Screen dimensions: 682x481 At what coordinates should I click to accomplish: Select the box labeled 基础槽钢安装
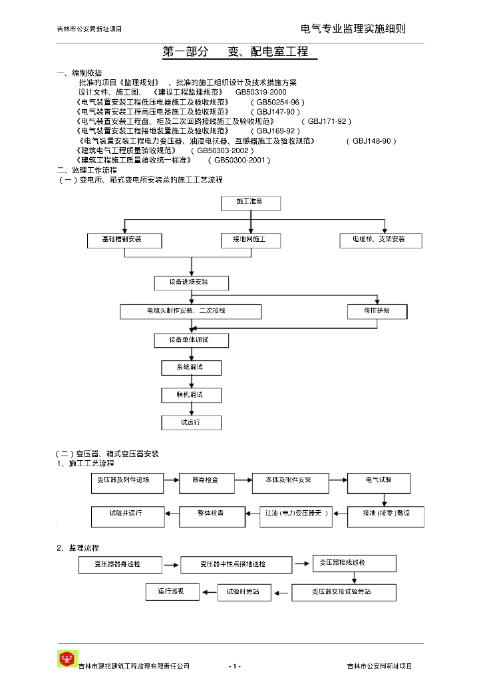click(124, 240)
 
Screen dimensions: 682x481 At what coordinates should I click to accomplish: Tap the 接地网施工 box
click(251, 240)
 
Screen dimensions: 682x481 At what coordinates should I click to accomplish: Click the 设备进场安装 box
click(190, 283)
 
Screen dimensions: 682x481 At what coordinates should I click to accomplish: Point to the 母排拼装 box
click(377, 311)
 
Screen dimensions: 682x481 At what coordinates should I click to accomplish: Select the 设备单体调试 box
click(190, 340)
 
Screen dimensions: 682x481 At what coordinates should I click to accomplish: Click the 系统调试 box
click(191, 368)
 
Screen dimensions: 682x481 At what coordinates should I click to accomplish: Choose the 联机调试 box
click(191, 396)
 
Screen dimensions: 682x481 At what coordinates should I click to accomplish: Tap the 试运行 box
click(191, 423)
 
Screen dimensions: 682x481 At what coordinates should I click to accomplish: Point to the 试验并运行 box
click(126, 514)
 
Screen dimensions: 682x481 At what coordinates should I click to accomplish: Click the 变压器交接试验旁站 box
click(344, 591)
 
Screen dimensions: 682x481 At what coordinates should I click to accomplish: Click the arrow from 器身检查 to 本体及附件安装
click(241, 480)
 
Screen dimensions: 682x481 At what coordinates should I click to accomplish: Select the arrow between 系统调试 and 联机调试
click(191, 382)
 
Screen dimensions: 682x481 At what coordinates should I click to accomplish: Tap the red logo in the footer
click(67, 659)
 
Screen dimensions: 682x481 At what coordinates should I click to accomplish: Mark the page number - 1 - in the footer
click(234, 666)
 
